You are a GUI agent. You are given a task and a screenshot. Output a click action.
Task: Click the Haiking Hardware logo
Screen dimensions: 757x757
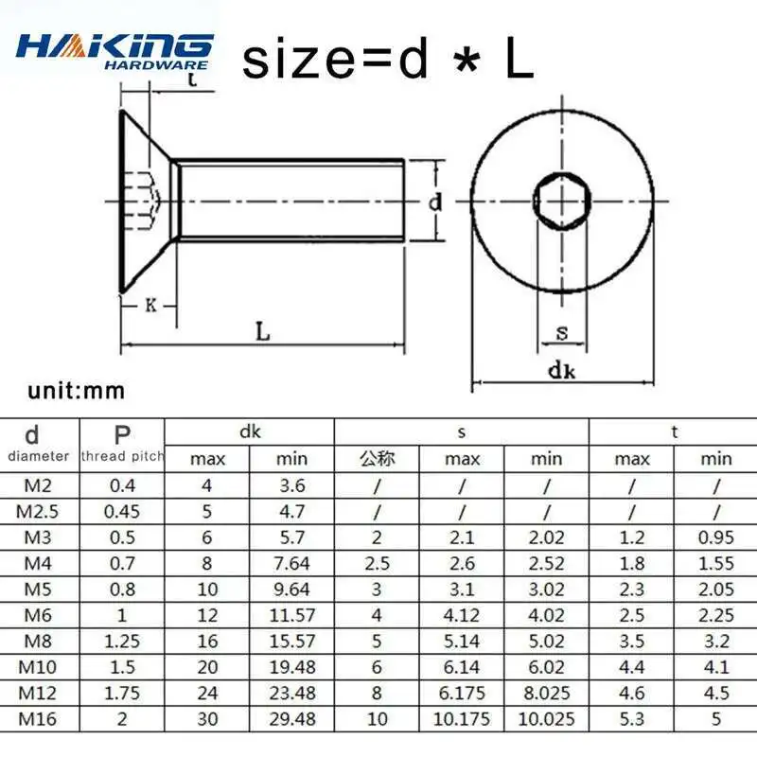click(x=114, y=51)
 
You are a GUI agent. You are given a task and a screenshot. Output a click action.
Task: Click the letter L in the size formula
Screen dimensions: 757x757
click(x=519, y=60)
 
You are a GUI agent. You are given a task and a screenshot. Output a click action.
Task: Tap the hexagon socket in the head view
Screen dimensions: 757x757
click(x=562, y=200)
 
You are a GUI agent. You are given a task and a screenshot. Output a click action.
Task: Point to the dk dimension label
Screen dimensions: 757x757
click(x=562, y=371)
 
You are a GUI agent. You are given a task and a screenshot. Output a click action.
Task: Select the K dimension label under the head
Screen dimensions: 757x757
click(x=151, y=305)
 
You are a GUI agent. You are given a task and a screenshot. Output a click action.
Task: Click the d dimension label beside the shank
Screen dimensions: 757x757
click(x=435, y=202)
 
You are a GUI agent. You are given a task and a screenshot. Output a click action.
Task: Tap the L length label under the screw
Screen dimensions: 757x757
click(x=262, y=332)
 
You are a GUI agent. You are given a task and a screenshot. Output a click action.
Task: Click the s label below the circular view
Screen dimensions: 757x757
click(x=562, y=333)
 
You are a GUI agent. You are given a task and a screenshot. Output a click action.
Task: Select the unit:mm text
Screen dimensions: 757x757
click(x=77, y=391)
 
